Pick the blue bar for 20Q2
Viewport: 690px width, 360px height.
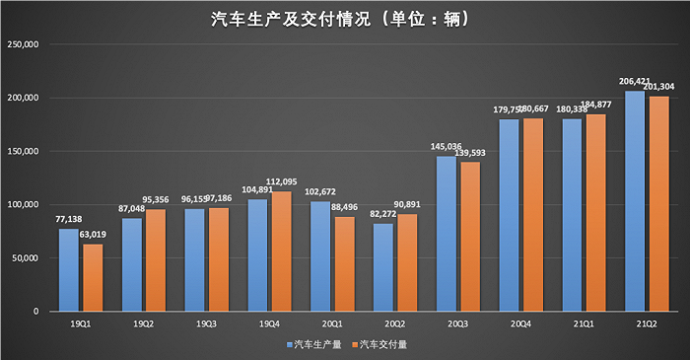[x=383, y=267]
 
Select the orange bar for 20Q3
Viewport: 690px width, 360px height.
[x=470, y=237]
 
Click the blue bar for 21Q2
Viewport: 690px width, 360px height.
[x=635, y=201]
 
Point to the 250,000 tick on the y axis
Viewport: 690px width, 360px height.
[x=22, y=45]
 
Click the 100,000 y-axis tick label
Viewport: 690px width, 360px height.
[x=22, y=205]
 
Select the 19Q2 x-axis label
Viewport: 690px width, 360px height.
[x=143, y=323]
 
